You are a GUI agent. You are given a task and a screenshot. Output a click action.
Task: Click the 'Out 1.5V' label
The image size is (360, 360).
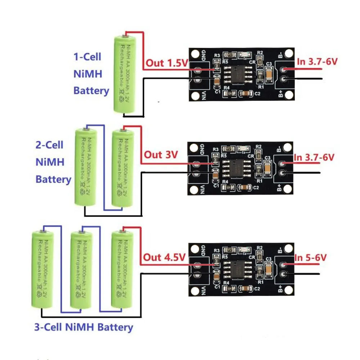[x=166, y=63]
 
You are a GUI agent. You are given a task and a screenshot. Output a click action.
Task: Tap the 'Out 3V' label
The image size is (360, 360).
[x=161, y=155]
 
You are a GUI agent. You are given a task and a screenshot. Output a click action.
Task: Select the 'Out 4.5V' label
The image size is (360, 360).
[x=164, y=257]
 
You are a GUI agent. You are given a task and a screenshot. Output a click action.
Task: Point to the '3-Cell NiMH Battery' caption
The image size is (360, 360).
[x=84, y=327]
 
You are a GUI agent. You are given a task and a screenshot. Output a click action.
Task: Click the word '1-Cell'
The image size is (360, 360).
[x=87, y=57]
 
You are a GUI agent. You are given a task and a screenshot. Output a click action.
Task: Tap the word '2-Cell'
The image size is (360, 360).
[x=49, y=145]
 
